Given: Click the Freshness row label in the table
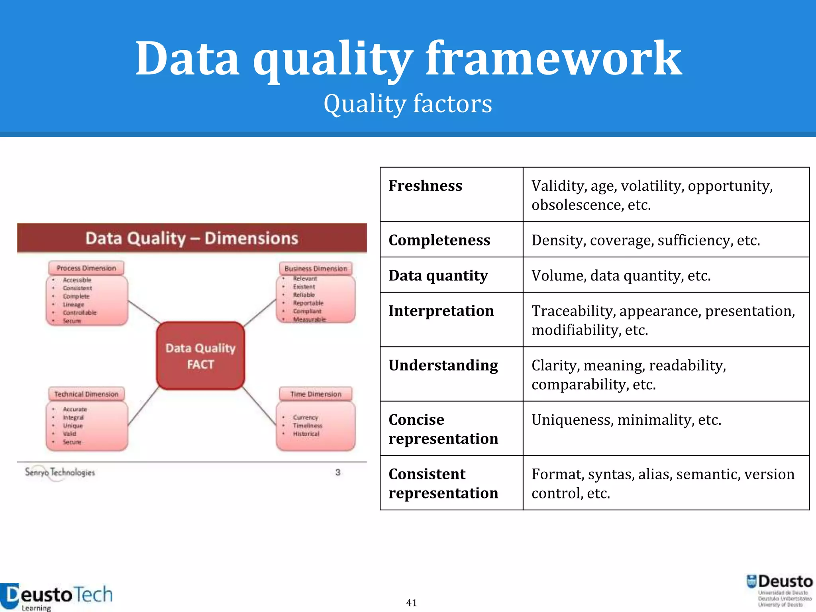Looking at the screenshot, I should [425, 186].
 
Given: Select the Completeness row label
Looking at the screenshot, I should [439, 240].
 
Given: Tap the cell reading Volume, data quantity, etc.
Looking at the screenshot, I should [621, 276].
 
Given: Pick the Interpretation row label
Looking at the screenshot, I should [441, 311].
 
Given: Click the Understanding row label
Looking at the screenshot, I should [443, 366].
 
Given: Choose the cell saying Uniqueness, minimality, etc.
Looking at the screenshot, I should [626, 420].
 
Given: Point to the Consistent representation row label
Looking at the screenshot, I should [443, 483].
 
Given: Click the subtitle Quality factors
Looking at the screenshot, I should [408, 104].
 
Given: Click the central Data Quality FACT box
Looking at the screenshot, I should [200, 356].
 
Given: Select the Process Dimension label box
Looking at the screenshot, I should [86, 268].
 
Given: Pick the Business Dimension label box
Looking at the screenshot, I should [316, 269].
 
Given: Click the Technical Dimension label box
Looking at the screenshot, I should [86, 394].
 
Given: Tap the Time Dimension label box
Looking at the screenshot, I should [316, 394].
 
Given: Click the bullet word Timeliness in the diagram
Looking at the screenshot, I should [307, 426].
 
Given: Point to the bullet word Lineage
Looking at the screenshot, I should [73, 304].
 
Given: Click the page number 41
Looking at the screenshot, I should [411, 603].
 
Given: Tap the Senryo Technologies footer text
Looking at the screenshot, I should [60, 473].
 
